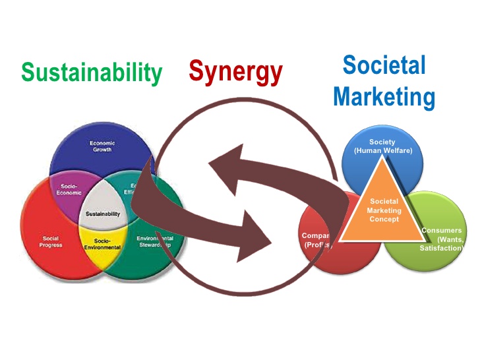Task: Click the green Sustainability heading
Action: tap(91, 72)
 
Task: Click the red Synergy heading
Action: tap(235, 71)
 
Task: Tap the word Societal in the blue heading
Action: tap(384, 66)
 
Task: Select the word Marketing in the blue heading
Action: tap(384, 97)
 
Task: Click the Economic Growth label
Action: tap(102, 146)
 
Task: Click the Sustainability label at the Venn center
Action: tap(102, 214)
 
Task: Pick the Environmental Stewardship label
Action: tap(155, 241)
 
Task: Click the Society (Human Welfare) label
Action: tap(382, 146)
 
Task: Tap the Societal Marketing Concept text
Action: tap(384, 210)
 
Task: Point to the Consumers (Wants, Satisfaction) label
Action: tap(443, 239)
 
